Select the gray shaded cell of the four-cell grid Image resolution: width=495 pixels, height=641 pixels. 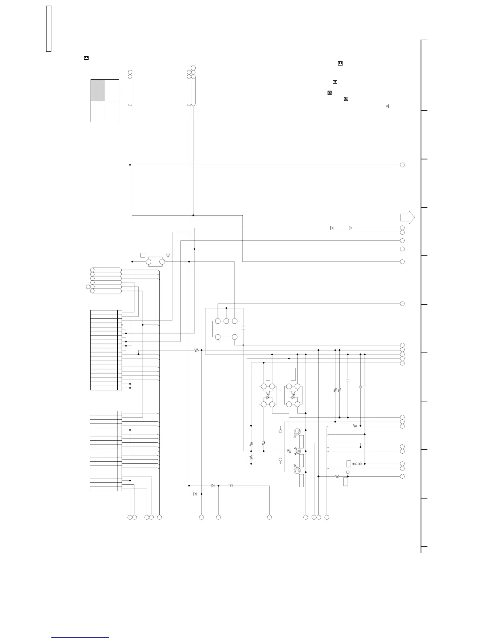(x=98, y=90)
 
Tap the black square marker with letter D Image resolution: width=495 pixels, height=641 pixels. (x=329, y=93)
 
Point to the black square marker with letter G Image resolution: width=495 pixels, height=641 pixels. (x=346, y=99)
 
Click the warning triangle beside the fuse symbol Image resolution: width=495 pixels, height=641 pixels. (x=168, y=255)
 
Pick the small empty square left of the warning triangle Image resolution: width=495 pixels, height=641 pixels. (x=142, y=255)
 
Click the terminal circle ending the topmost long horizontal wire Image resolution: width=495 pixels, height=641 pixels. (x=402, y=165)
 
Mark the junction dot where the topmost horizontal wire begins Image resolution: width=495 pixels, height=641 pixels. (x=130, y=165)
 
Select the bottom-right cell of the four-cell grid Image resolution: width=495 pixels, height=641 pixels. (x=112, y=111)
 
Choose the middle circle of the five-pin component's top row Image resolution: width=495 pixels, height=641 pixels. (x=226, y=321)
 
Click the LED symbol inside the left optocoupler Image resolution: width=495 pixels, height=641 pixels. (x=267, y=397)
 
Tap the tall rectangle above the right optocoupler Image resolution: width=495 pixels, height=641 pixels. (x=293, y=374)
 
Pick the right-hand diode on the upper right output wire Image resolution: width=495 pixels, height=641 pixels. (x=350, y=228)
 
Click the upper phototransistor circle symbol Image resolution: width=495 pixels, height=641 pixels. (x=297, y=432)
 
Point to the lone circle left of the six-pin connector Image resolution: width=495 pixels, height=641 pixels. (x=88, y=287)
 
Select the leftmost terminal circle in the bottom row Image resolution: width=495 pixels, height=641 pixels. (x=130, y=517)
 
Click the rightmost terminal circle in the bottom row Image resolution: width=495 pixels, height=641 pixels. (x=327, y=517)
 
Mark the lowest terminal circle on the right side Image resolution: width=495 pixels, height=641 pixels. (x=402, y=476)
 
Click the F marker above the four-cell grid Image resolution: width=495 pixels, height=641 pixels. (x=86, y=58)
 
